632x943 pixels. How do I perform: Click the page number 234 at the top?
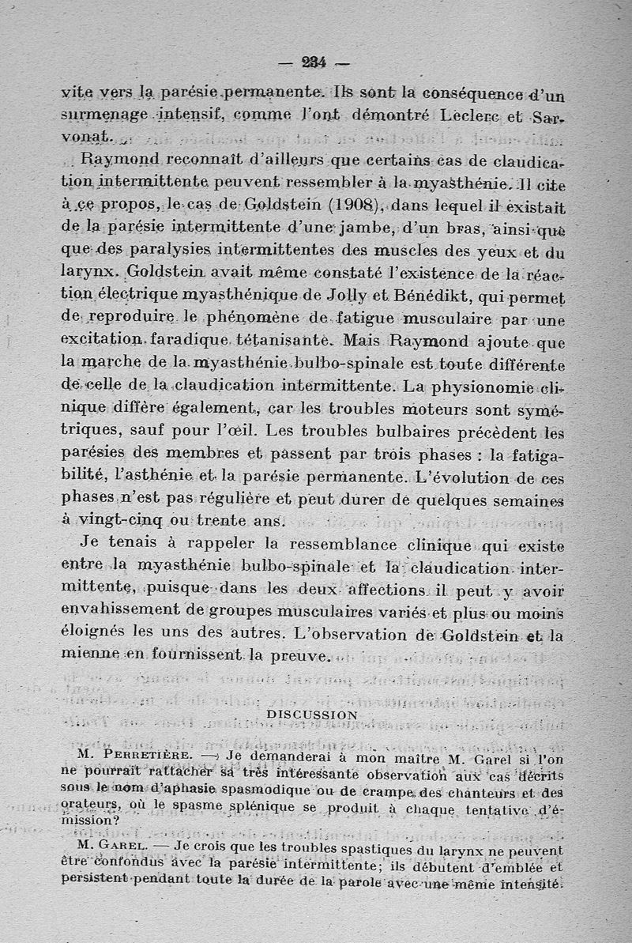tap(315, 62)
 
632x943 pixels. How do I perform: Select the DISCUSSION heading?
tap(312, 715)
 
